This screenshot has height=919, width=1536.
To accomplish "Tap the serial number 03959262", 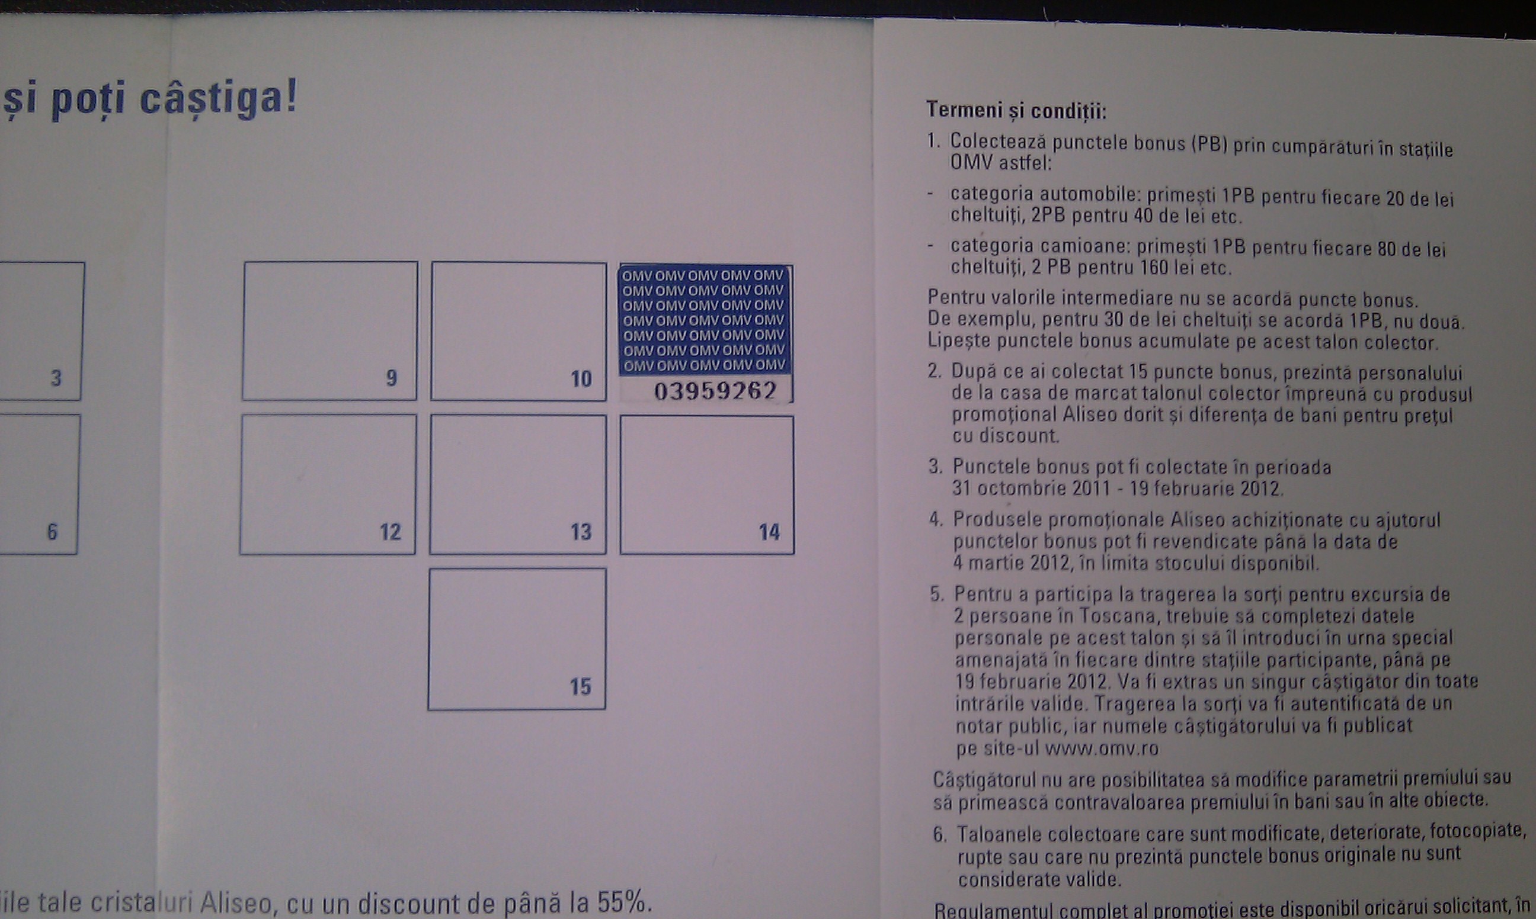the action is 715,391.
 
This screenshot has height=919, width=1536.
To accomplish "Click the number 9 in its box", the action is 392,378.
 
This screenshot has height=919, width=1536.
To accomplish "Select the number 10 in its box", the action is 581,379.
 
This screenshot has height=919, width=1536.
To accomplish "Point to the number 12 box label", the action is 391,532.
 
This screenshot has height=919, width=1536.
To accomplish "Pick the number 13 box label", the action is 581,532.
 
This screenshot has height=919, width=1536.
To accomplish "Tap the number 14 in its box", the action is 770,532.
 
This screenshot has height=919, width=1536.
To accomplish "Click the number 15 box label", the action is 581,687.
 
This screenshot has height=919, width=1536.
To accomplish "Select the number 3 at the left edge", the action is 56,378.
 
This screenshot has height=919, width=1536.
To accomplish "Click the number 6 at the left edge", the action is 52,532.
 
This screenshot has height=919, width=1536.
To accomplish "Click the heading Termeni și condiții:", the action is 1016,111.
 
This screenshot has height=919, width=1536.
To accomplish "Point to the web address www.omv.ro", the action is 1102,748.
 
